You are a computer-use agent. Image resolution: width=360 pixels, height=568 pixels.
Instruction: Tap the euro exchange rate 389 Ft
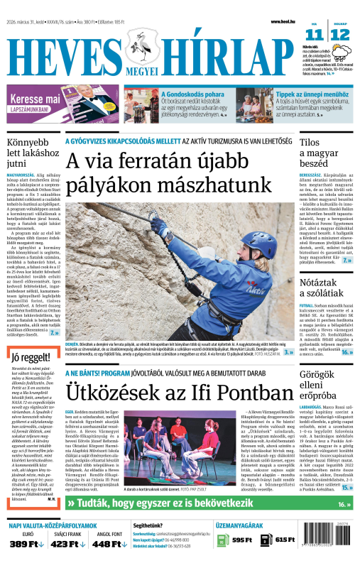point(22,544)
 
